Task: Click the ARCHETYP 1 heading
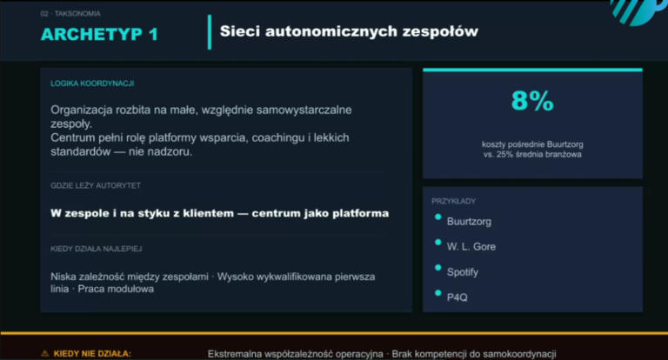[x=99, y=34]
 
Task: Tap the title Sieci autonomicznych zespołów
[x=349, y=31]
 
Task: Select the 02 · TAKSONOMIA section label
[x=70, y=14]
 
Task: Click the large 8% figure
[x=532, y=101]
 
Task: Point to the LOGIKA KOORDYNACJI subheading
[x=92, y=83]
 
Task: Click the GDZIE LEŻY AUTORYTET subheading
[x=96, y=185]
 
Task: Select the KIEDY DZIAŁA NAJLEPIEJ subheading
[x=97, y=249]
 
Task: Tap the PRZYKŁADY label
[x=454, y=201]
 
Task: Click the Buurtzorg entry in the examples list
[x=469, y=222]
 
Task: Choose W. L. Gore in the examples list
[x=471, y=247]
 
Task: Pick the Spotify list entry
[x=463, y=272]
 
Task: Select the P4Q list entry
[x=458, y=297]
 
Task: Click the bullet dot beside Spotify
[x=438, y=268]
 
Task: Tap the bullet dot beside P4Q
[x=438, y=293]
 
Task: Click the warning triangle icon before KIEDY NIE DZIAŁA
[x=44, y=354]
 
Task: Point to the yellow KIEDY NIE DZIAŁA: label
[x=92, y=354]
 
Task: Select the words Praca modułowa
[x=116, y=289]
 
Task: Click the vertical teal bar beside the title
[x=210, y=32]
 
